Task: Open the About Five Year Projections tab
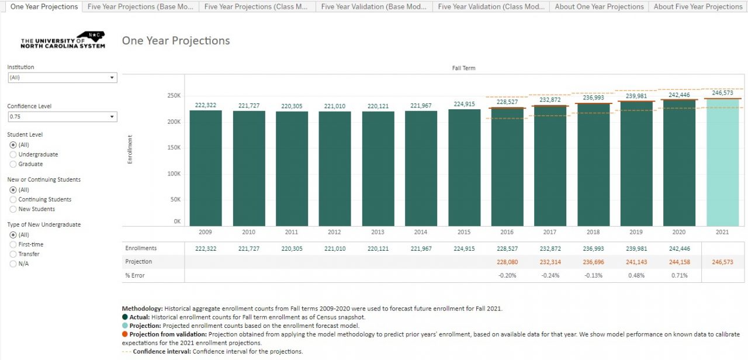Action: pos(698,6)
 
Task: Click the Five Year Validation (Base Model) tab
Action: pos(374,6)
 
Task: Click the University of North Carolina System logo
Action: pos(63,40)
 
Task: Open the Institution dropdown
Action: pos(62,78)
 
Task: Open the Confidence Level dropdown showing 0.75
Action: pos(62,117)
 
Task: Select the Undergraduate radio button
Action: pos(13,154)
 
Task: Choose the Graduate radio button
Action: pos(13,164)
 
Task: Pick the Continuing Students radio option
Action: pos(13,199)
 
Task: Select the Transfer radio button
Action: pos(13,254)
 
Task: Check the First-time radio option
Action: pos(13,244)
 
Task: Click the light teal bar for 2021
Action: pos(722,164)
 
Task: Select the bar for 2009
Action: pos(206,169)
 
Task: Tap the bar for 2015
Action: pos(464,169)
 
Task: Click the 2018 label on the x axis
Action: pos(593,232)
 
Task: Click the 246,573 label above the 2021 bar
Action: pos(722,93)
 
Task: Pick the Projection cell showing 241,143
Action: pos(636,262)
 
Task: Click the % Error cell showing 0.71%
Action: pos(680,275)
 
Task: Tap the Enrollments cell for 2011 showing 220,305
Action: pos(292,248)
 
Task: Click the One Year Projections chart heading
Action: pos(176,41)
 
